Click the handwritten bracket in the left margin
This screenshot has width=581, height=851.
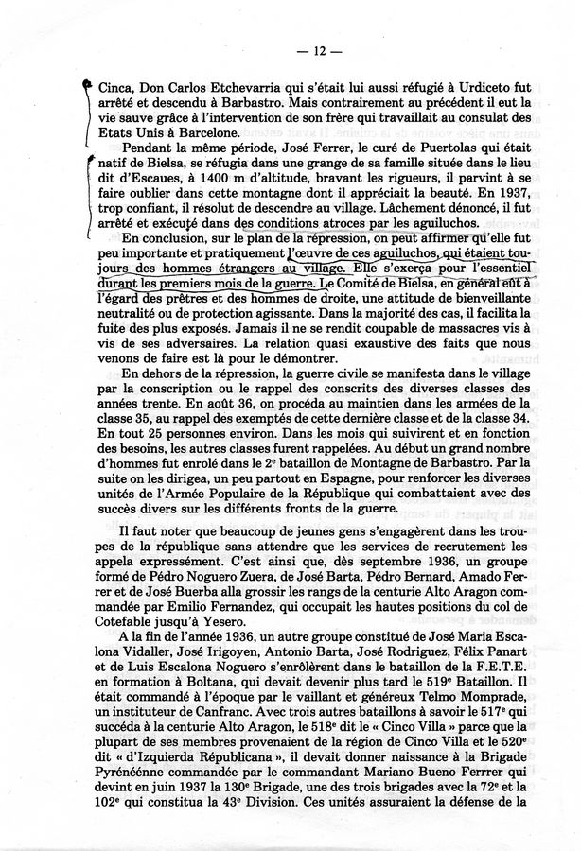click(91, 104)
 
